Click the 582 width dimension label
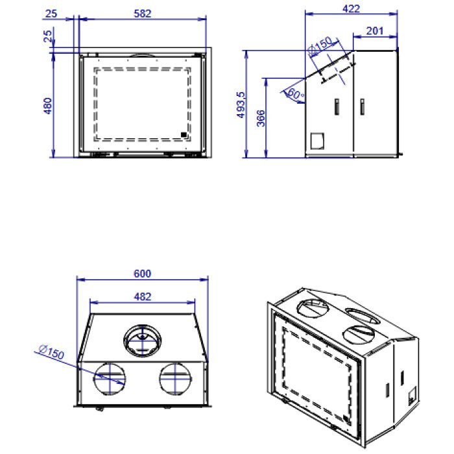point(143,14)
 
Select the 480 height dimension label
point(47,106)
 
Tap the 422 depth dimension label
point(351,9)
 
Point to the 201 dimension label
point(375,30)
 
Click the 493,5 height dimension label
point(241,105)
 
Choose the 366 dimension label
point(261,118)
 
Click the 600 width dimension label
point(143,274)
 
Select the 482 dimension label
point(143,297)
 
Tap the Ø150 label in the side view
point(320,46)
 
